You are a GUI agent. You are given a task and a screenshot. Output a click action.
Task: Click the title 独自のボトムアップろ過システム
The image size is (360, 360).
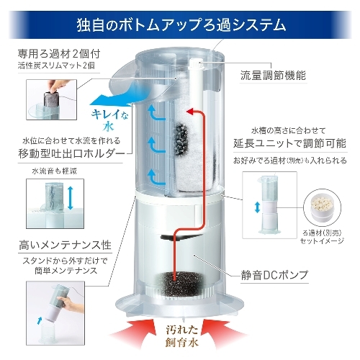(x=181, y=25)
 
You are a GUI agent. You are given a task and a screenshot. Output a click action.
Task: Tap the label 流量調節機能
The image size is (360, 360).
(x=273, y=76)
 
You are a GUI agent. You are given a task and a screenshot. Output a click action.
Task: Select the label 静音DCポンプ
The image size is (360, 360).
(x=274, y=275)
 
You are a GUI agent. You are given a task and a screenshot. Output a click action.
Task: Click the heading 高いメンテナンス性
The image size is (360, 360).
(x=66, y=246)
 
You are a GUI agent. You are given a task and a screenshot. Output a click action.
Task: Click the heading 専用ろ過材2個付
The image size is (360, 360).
(x=59, y=54)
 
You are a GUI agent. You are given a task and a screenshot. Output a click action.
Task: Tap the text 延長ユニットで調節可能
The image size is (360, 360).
(x=290, y=143)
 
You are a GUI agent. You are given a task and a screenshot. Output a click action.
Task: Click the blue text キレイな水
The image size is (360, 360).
(x=109, y=120)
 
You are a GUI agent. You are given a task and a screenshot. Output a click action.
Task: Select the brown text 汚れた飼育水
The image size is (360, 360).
(x=181, y=336)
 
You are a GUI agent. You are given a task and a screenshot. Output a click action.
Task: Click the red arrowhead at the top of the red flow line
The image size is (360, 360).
(x=190, y=111)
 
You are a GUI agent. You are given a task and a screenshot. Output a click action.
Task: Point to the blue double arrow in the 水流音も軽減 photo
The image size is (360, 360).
(x=70, y=198)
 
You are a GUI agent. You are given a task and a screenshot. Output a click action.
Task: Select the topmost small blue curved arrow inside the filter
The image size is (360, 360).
(x=156, y=113)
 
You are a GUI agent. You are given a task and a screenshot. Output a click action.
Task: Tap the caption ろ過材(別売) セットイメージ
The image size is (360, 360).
(x=322, y=237)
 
